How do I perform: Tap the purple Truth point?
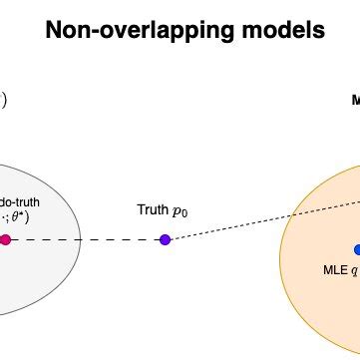pos(165,239)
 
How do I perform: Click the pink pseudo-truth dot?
pos(6,239)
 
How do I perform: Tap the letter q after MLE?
pos(353,270)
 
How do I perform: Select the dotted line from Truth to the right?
pos(259,220)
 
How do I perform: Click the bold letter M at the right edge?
pos(356,100)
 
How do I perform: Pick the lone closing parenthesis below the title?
pos(4,100)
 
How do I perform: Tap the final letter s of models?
pos(318,31)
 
